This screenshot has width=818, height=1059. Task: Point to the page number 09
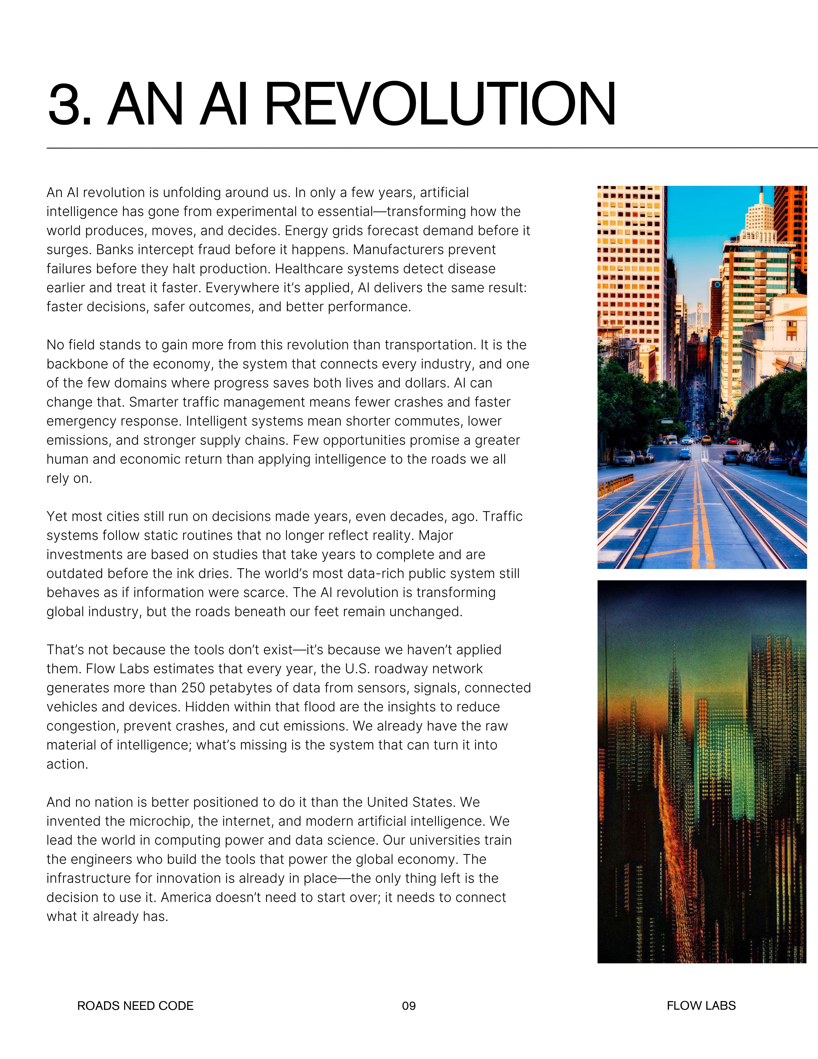click(409, 1006)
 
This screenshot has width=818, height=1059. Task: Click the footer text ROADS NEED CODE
click(135, 1006)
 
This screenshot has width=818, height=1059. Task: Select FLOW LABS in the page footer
click(701, 1006)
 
